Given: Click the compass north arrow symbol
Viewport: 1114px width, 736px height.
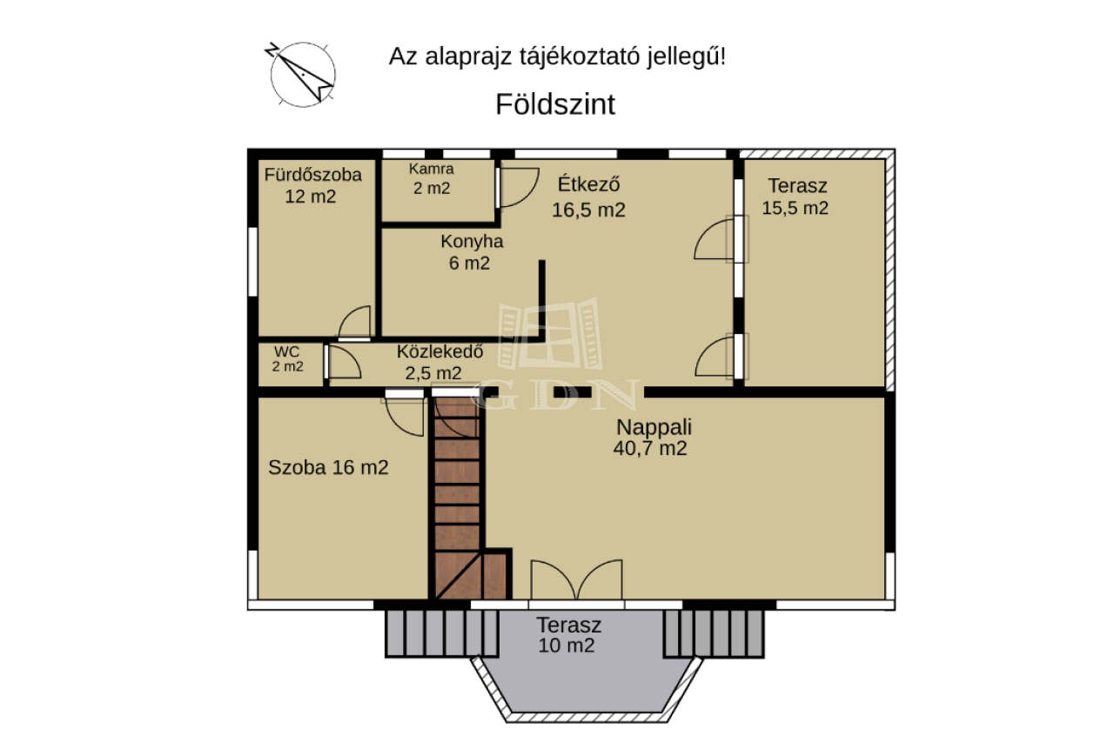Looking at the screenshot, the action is coord(302,74).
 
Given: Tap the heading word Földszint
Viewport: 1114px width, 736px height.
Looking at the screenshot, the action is coord(555,104).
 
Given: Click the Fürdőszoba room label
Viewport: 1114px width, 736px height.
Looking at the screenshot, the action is coord(312,175).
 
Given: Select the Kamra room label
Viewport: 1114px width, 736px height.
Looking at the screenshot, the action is coord(431,169).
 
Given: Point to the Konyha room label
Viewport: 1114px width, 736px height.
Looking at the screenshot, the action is coord(472,241).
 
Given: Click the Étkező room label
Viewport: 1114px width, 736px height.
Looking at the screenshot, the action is coord(588,184).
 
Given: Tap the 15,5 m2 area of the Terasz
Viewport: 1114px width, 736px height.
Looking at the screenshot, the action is coord(795,208).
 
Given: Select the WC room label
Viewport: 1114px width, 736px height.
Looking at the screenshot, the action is coord(287,351).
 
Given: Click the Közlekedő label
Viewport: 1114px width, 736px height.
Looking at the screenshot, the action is coord(440,351).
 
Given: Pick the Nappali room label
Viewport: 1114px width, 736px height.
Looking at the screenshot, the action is coord(654,427).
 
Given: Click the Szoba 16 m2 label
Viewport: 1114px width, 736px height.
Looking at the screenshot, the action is coord(328,467).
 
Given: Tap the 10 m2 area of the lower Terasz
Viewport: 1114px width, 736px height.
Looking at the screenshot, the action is coord(567,646).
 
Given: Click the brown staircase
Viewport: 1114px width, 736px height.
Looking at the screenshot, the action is coord(469,498).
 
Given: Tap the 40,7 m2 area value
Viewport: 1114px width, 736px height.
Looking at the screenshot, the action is coord(650,449).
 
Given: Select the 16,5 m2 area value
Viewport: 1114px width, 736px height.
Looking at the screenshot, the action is coord(588,210).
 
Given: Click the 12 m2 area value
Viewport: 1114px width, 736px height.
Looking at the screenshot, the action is coord(311,197).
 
